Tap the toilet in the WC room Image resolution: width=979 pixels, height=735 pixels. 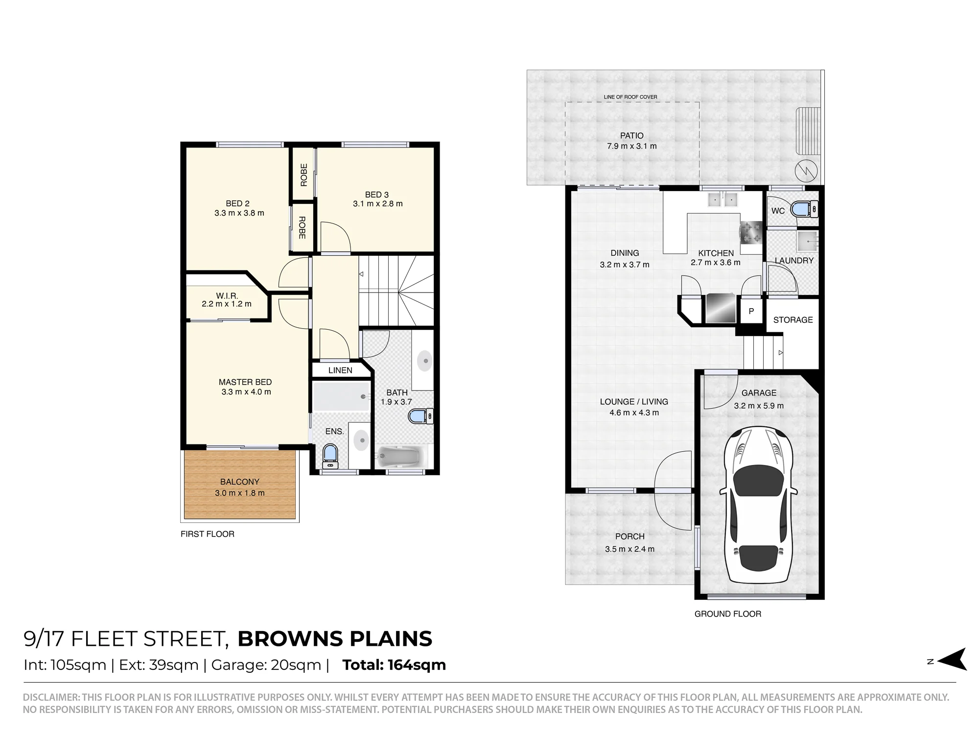click(x=805, y=209)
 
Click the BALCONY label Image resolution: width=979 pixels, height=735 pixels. click(x=240, y=482)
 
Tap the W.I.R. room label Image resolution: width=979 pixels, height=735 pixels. click(x=227, y=296)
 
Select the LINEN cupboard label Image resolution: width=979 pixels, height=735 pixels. click(x=340, y=370)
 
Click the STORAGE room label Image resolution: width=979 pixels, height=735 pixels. click(x=793, y=320)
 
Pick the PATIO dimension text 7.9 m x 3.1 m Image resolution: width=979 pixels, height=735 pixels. click(x=631, y=146)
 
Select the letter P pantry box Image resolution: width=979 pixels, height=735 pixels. click(x=751, y=311)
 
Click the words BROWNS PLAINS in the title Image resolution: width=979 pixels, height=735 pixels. click(x=335, y=639)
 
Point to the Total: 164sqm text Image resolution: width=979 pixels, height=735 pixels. click(x=394, y=665)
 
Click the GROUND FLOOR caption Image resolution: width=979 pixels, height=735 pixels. click(x=728, y=614)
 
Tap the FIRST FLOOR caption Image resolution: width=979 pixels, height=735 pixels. click(x=208, y=534)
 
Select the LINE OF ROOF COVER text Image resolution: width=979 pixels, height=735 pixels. click(x=630, y=97)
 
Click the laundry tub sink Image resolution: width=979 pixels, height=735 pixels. click(x=807, y=241)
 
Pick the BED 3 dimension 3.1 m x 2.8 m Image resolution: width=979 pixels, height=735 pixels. click(x=378, y=204)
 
